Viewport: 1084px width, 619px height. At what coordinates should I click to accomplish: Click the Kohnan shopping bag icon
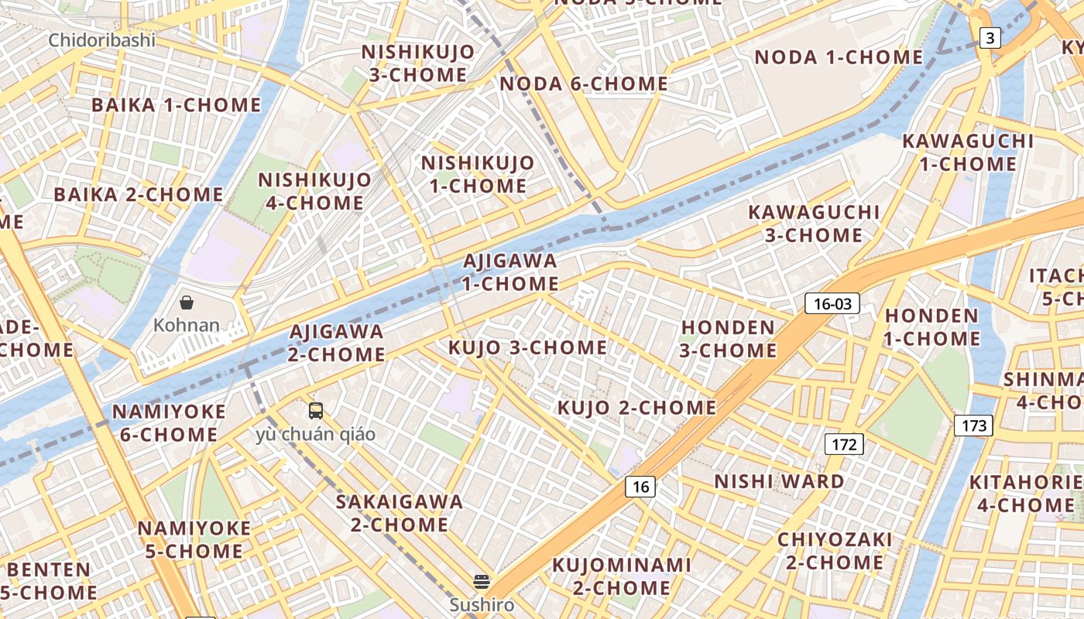tap(186, 302)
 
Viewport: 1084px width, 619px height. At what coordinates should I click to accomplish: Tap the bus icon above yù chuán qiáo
tap(315, 411)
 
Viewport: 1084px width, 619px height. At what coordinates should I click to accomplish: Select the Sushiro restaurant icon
tap(482, 581)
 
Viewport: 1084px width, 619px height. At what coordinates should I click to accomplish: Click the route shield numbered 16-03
tap(832, 303)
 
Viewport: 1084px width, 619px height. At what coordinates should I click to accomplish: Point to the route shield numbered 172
tap(843, 444)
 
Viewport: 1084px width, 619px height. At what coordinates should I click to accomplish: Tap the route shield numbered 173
tap(973, 425)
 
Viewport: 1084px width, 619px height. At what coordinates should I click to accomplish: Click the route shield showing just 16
tap(640, 486)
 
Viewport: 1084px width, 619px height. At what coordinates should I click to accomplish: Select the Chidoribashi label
tap(101, 40)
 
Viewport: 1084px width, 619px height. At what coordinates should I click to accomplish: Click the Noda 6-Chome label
tap(583, 84)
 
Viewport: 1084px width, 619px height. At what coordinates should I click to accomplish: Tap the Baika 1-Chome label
tap(176, 104)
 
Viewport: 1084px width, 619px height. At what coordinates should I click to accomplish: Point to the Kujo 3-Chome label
tap(527, 347)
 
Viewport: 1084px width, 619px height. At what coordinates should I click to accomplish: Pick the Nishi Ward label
tap(779, 481)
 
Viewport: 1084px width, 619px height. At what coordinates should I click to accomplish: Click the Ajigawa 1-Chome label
tap(510, 272)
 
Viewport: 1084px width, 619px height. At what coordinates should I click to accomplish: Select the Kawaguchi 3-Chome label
tap(814, 223)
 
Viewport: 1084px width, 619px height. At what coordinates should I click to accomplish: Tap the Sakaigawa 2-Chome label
tap(399, 513)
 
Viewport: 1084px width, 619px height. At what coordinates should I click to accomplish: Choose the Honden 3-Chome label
tap(728, 339)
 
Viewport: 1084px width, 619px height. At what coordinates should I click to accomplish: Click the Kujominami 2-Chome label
tap(621, 576)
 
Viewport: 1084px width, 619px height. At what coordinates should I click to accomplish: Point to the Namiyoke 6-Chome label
tap(169, 422)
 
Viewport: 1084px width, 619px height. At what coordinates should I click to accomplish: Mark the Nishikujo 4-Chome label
tap(314, 191)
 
